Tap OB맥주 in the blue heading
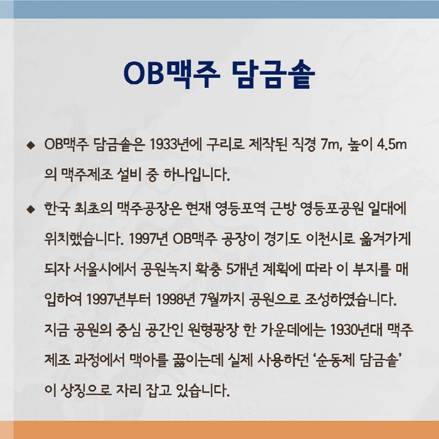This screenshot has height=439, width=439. [171, 73]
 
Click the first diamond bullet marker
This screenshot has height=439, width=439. [30, 145]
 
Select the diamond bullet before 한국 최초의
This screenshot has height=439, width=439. [30, 209]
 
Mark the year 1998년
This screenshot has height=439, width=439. [174, 300]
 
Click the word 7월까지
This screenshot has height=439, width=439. [222, 300]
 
